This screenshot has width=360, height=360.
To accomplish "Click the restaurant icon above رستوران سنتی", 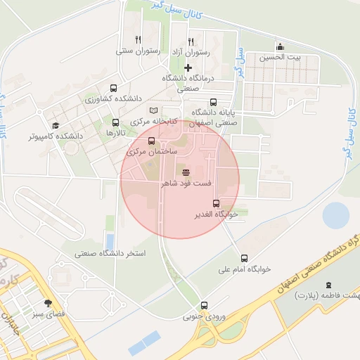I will pyautogui.click(x=139, y=40).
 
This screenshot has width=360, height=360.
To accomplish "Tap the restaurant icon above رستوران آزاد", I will pyautogui.click(x=190, y=42).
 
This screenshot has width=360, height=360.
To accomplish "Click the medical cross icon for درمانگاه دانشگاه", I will pyautogui.click(x=188, y=67).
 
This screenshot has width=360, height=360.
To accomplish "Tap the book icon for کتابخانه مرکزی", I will pyautogui.click(x=154, y=110).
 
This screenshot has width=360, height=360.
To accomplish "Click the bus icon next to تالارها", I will pyautogui.click(x=115, y=122).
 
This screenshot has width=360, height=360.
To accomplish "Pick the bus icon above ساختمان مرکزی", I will pyautogui.click(x=151, y=141).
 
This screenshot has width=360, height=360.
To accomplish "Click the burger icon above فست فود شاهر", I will pyautogui.click(x=186, y=172).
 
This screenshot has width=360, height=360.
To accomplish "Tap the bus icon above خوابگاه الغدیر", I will pyautogui.click(x=216, y=203).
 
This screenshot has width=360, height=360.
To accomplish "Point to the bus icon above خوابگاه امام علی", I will pyautogui.click(x=244, y=258).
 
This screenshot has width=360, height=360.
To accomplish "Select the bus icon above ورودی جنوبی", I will pyautogui.click(x=204, y=305).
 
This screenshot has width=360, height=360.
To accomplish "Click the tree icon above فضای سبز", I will pyautogui.click(x=48, y=304).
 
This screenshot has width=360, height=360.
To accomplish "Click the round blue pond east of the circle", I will pyautogui.click(x=336, y=216).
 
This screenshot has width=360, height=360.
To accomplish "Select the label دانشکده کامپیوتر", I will pyautogui.click(x=56, y=135).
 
